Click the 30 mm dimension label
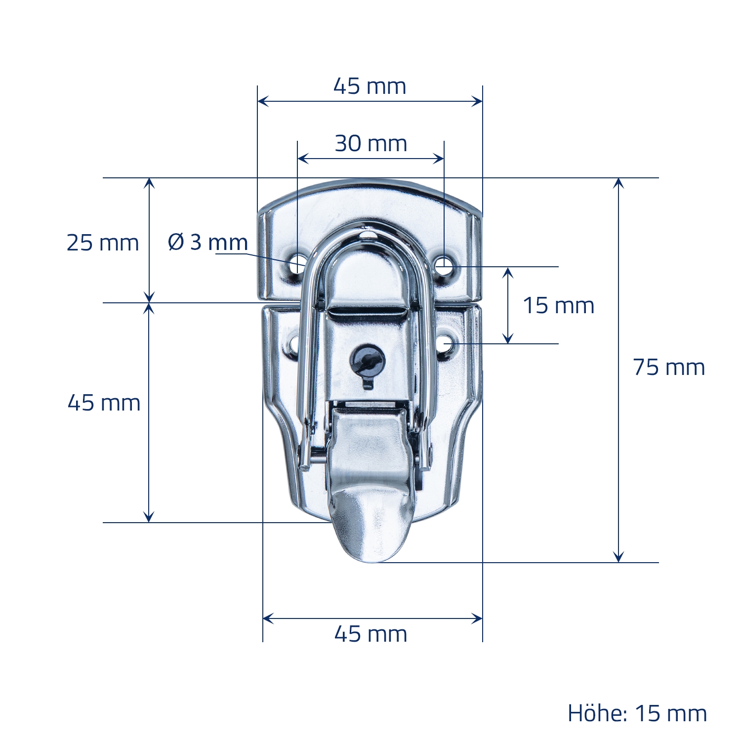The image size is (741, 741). click(x=371, y=144)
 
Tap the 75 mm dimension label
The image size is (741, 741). click(x=669, y=368)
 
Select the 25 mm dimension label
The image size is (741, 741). click(x=103, y=243)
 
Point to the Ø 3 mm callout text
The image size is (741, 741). click(x=207, y=242)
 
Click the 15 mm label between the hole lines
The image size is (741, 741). click(x=558, y=305)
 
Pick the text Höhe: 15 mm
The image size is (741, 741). click(x=637, y=713)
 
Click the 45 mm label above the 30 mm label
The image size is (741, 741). click(x=370, y=86)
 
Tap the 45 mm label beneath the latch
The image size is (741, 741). click(x=371, y=634)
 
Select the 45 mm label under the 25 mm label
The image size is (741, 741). click(x=104, y=403)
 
